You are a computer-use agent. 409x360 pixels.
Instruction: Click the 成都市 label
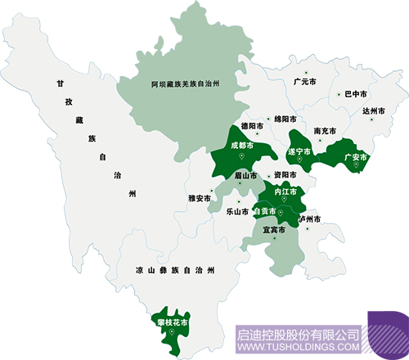tap(243, 146)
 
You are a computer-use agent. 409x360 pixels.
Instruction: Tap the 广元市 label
tap(304, 82)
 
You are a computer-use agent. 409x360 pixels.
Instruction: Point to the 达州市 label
tap(374, 110)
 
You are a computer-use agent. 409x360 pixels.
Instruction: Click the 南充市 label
tap(326, 130)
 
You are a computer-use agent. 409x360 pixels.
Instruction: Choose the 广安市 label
tap(356, 156)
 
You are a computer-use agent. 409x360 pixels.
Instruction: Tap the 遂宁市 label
tap(300, 151)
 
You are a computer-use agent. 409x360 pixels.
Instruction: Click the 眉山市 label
tap(245, 175)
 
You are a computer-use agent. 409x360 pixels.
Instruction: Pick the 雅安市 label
tap(200, 198)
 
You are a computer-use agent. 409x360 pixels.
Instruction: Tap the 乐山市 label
tap(236, 210)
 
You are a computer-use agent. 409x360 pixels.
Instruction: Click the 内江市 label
tap(286, 191)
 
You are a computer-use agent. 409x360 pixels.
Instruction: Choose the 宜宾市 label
tap(274, 230)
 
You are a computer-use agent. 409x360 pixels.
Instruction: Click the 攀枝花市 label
tap(172, 322)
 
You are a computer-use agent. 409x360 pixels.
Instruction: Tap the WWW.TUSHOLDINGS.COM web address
tap(298, 348)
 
